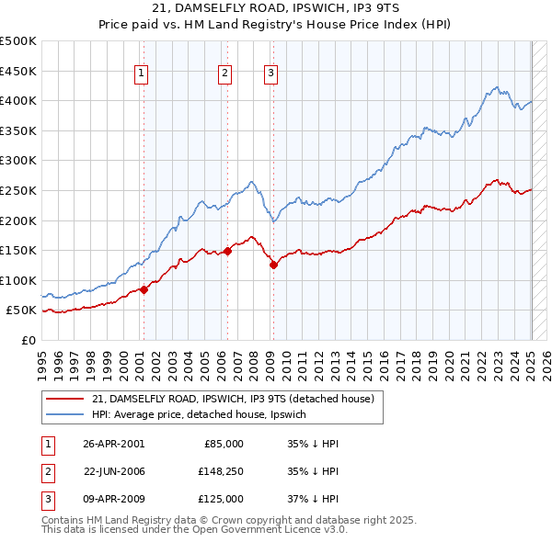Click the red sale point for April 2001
click(x=144, y=289)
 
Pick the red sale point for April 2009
click(x=273, y=265)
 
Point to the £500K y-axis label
click(x=18, y=41)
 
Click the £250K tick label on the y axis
click(x=18, y=190)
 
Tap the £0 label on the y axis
click(x=28, y=340)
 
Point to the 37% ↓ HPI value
click(x=313, y=499)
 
